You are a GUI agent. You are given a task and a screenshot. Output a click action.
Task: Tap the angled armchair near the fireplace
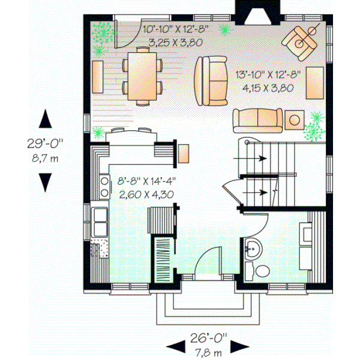[299, 40]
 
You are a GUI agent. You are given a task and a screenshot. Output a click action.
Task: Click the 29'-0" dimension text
[45, 144]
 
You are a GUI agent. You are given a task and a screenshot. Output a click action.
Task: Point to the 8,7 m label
[45, 158]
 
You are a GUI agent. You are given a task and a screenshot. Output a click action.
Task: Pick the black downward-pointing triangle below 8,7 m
[46, 181]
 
